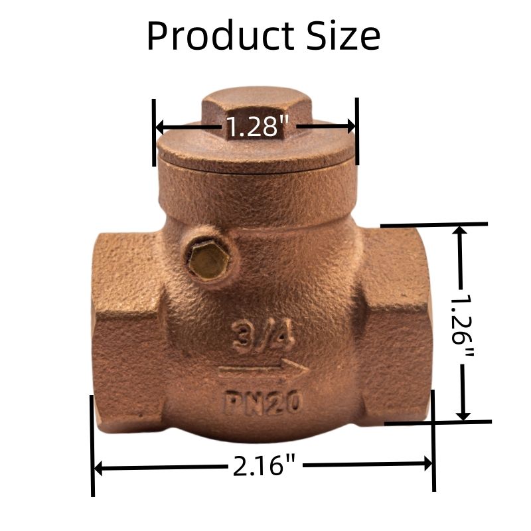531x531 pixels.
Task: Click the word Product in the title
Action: click(x=221, y=36)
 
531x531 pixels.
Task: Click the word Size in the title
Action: click(x=343, y=36)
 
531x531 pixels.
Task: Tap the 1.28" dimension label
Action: click(x=257, y=127)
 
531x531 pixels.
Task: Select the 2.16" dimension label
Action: click(x=264, y=466)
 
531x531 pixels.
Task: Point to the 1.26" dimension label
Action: click(x=463, y=325)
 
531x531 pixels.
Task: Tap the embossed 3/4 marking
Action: click(x=262, y=337)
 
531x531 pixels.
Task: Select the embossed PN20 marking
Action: click(x=263, y=402)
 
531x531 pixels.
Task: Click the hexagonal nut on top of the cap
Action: click(x=256, y=109)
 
